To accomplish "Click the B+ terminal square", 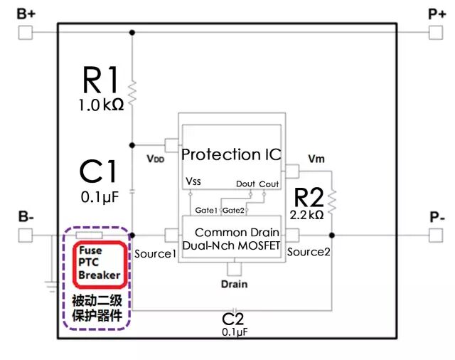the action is point(25,32).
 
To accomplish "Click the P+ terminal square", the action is point(435,32).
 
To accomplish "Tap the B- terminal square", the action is point(25,234).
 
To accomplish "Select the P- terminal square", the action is point(435,234).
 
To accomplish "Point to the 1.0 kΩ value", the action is point(102,105).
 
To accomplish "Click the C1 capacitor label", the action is point(98,171).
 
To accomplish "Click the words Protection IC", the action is point(232,154).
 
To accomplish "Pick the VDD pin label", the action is point(155,159).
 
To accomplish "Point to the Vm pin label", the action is point(316,159).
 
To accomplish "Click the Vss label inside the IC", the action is point(193,182).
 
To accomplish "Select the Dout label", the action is point(246,184).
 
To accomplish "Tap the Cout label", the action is point(270,184).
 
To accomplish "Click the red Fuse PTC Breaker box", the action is point(100,263).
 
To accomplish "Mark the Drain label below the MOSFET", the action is point(233,285).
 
